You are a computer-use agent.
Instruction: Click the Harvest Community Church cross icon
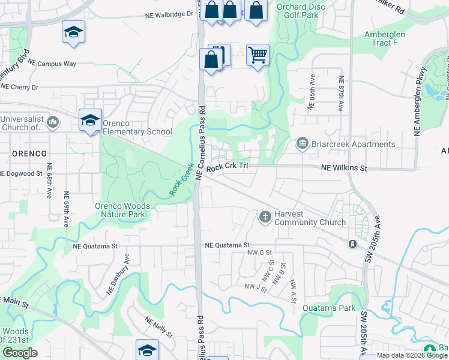(x=265, y=217)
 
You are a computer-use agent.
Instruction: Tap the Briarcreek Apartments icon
(x=302, y=144)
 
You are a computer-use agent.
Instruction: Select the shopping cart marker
(x=258, y=56)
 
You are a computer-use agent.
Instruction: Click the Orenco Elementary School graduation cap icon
(x=90, y=121)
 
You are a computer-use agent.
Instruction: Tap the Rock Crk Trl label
(x=227, y=169)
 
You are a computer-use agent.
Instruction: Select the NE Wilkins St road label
(x=343, y=169)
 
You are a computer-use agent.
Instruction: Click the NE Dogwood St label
(x=22, y=174)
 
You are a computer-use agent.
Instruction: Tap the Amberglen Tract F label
(x=385, y=39)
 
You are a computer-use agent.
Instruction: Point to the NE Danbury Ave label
(x=118, y=274)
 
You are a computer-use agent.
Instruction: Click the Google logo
(x=20, y=353)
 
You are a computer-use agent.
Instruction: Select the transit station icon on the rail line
(x=352, y=244)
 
